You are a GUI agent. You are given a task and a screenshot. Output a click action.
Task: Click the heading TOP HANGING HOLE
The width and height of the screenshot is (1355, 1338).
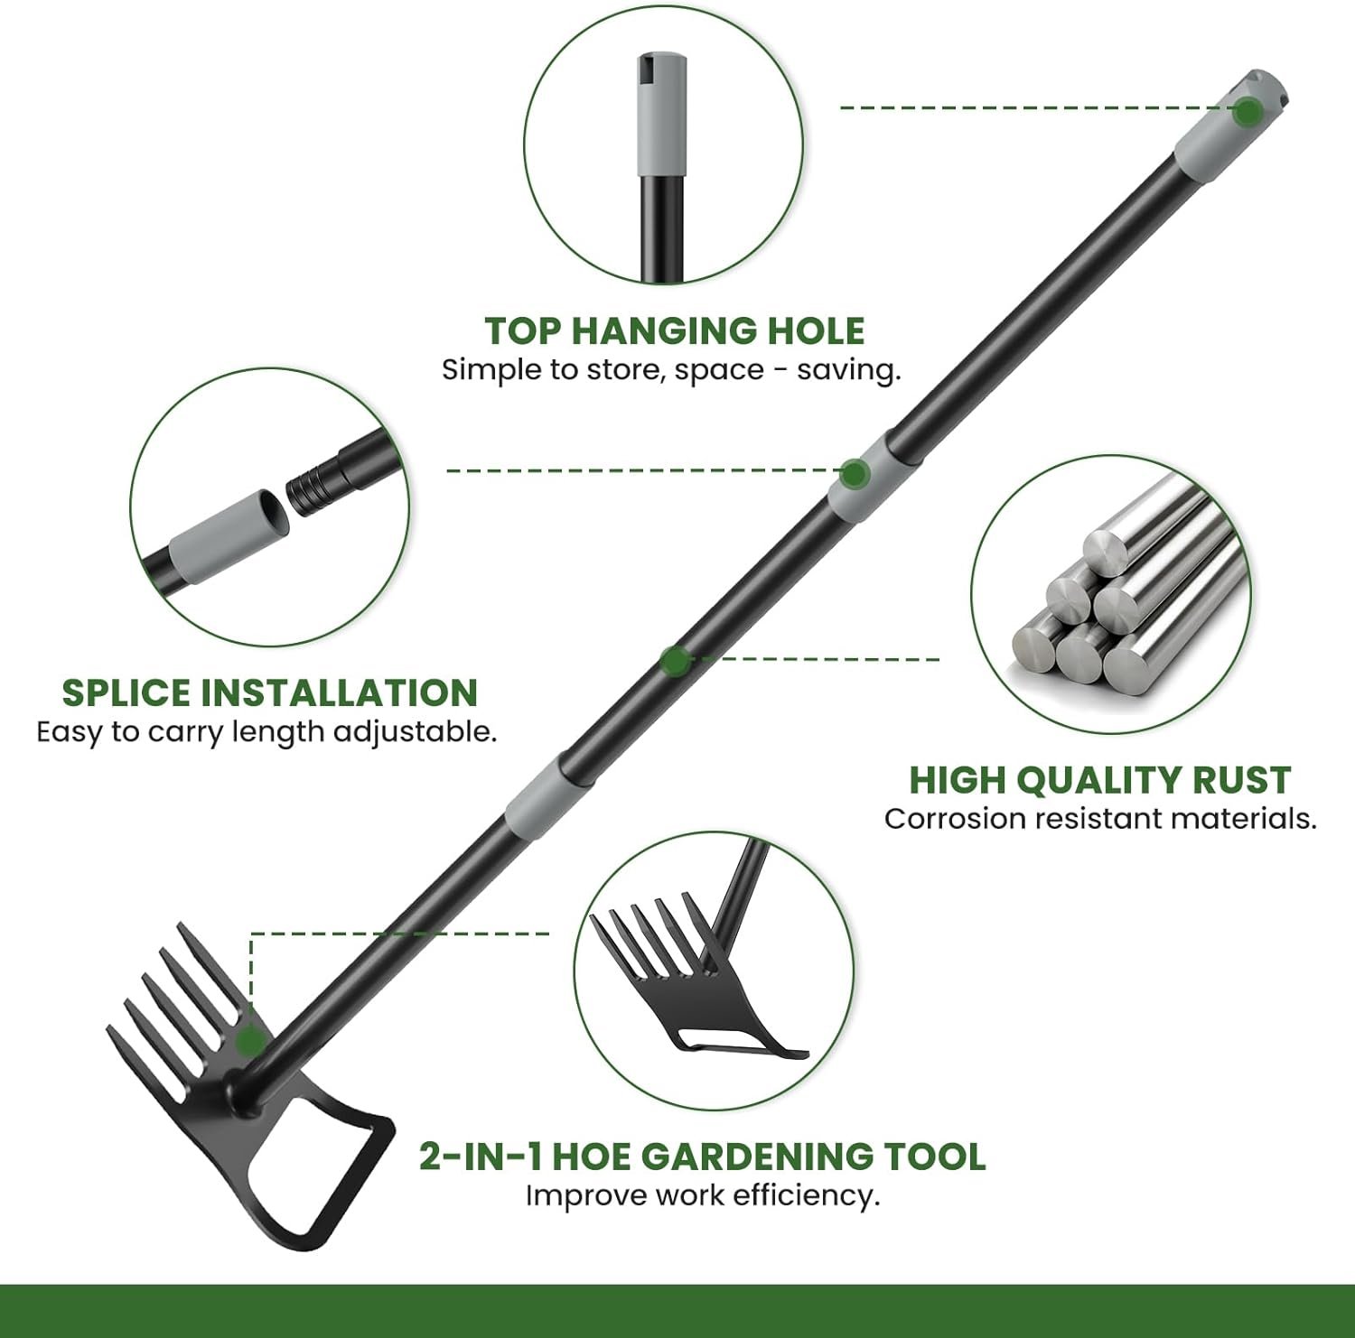click(675, 330)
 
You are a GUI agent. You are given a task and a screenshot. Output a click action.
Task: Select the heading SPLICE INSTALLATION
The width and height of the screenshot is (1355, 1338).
click(269, 692)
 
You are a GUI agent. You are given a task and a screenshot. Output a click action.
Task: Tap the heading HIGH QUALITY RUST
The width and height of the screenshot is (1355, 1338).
click(1100, 780)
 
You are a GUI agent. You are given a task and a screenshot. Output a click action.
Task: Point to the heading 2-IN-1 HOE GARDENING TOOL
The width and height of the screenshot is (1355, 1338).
click(702, 1156)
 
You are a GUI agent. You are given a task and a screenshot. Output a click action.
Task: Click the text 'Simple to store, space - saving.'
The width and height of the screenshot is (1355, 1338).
click(671, 370)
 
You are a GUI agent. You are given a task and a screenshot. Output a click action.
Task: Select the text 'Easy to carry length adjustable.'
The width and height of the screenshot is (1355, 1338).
click(266, 731)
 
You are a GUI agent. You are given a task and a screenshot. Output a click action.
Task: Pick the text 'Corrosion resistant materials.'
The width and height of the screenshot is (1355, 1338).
click(1100, 819)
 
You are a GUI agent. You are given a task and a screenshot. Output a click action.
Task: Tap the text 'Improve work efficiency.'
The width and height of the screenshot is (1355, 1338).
click(703, 1195)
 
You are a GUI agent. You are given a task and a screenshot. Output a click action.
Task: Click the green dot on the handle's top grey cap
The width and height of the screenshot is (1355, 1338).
click(1248, 112)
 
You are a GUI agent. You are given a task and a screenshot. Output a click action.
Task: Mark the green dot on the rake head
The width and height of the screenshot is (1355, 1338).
click(250, 1041)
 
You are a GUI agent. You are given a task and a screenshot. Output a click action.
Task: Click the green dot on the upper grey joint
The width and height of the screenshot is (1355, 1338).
click(855, 472)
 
